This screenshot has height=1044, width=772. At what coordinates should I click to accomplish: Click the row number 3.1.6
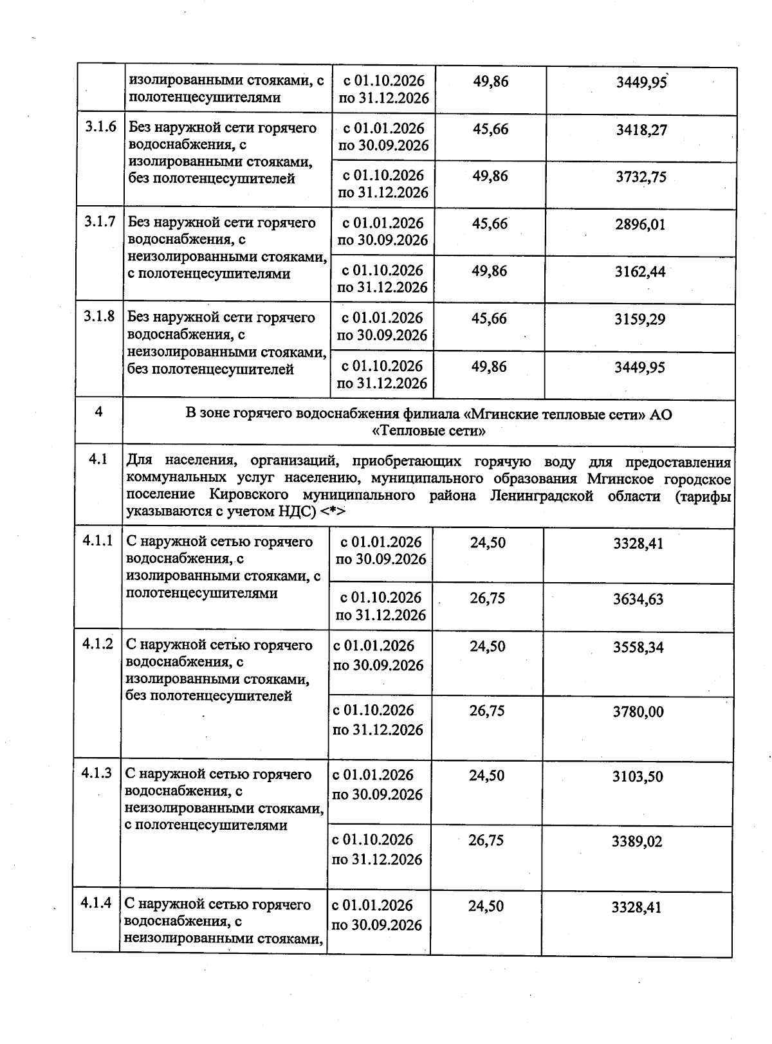coord(100,127)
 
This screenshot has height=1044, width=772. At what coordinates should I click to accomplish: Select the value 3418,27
coord(641,130)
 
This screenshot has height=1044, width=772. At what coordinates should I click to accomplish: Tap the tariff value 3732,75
coord(641,177)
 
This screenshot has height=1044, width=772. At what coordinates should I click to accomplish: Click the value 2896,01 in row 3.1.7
coord(640,224)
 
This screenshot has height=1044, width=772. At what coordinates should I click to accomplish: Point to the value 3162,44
coord(640,271)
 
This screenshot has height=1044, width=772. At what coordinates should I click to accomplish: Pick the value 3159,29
coord(639,319)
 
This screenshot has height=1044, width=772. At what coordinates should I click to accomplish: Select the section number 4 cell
coord(98,412)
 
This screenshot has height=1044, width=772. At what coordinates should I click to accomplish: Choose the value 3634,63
coord(638,600)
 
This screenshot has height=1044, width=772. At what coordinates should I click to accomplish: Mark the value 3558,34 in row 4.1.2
coord(638,648)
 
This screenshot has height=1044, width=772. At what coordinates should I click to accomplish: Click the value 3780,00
coord(638,712)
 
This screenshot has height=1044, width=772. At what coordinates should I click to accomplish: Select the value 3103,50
coord(638,777)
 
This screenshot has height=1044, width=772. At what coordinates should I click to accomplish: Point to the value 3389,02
coord(637,841)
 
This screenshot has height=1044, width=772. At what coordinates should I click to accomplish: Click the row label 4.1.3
coord(96,773)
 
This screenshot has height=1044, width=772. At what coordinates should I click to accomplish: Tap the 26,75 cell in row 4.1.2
coord(487,711)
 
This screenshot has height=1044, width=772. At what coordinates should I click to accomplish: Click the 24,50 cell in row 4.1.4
coord(486,906)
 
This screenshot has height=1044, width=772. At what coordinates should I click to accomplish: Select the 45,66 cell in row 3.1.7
coord(490,224)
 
